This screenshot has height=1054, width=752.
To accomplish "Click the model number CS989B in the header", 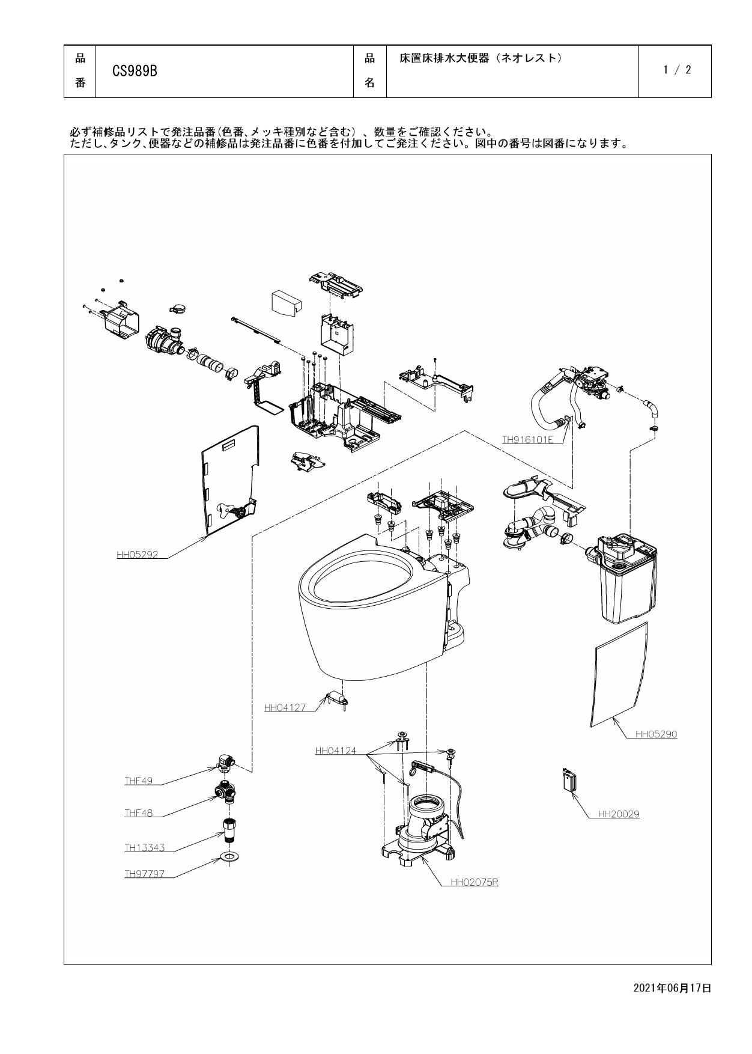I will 135,71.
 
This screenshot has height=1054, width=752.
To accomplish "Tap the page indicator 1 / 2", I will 677,70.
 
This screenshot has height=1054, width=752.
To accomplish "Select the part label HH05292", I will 137,555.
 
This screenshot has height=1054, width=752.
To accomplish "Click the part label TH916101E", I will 527,440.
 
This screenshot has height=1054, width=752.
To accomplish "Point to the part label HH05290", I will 656,734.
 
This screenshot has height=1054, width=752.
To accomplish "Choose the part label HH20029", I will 619,814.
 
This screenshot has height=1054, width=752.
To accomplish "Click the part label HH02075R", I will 474,882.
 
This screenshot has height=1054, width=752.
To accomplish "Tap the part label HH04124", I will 335,751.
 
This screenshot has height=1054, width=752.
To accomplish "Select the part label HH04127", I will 285,707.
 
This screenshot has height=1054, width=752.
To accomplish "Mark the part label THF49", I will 138,781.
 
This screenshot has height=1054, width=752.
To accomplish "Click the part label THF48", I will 138,813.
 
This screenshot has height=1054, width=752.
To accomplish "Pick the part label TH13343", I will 144,848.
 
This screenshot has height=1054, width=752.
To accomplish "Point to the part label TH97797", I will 144,874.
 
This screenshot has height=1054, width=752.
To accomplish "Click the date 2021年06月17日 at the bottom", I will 672,988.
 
